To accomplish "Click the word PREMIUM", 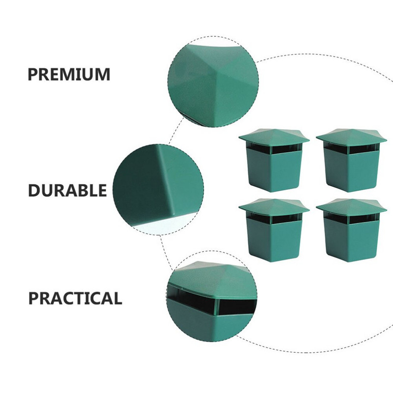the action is tap(69, 74).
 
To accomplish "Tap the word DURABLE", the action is tap(67, 190).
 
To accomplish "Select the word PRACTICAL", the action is tap(75, 298).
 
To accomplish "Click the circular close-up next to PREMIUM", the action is tap(213, 82).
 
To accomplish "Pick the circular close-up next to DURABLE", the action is tap(158, 190).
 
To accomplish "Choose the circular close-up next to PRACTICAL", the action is tap(212, 296).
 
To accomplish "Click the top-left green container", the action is tap(274, 161).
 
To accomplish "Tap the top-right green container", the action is tap(351, 161).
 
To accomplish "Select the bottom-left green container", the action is tap(274, 230).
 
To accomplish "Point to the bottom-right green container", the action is tap(351, 230).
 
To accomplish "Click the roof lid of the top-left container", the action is tap(274, 137).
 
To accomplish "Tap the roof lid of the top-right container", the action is tap(351, 137).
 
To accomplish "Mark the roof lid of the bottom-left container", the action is tap(274, 207).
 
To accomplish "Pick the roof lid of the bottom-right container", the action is tap(351, 207).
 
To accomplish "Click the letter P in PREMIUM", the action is tap(32, 74).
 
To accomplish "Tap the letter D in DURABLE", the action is tap(33, 190).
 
